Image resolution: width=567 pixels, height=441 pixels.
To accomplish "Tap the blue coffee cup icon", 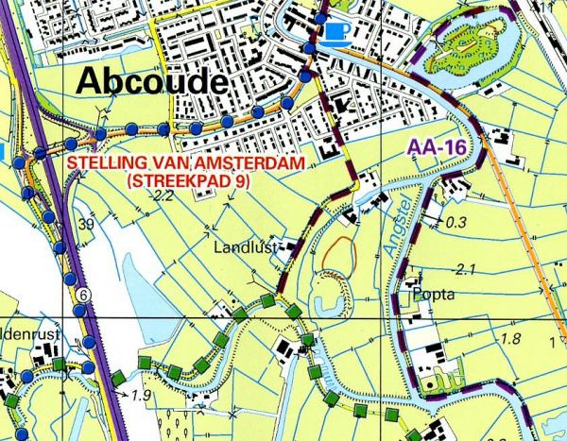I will [x=335, y=32].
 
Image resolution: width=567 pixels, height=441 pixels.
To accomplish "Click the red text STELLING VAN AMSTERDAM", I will [x=184, y=163].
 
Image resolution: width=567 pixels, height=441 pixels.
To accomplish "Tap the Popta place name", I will [x=434, y=294].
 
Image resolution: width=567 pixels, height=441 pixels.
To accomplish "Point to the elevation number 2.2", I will [x=163, y=196].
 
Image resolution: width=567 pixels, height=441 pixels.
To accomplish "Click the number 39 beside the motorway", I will [x=87, y=224].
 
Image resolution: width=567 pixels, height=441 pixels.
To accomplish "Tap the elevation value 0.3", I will [x=456, y=223].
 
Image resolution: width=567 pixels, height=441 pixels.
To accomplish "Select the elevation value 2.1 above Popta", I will [x=463, y=270].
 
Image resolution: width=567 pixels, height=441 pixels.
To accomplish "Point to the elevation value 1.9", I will [x=143, y=394].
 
